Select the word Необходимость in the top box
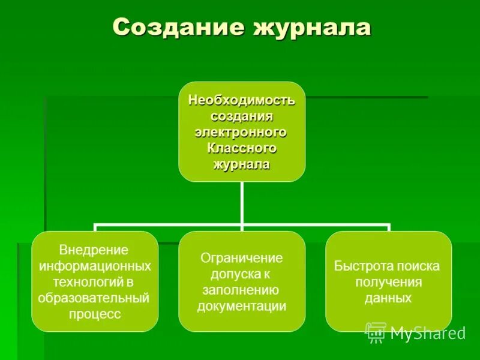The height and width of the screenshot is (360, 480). click(242, 99)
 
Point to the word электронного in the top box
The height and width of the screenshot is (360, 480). click(241, 131)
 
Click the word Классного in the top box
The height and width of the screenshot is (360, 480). click(241, 148)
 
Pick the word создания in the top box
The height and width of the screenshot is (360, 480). click(241, 115)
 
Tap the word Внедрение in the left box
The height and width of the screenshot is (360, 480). click(94, 250)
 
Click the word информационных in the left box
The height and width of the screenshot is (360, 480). click(95, 266)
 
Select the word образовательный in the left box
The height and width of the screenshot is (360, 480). click(94, 298)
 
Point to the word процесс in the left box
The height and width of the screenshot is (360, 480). click(95, 314)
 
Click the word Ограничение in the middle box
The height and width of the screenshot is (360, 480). click(241, 258)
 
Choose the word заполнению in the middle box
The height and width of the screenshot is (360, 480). click(242, 290)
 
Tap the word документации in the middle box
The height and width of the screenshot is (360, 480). click(242, 306)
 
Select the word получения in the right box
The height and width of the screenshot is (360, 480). click(388, 282)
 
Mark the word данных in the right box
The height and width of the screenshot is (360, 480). click(388, 298)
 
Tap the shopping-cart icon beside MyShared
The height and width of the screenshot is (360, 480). click(376, 332)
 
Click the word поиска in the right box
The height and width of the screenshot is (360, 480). click(419, 266)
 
